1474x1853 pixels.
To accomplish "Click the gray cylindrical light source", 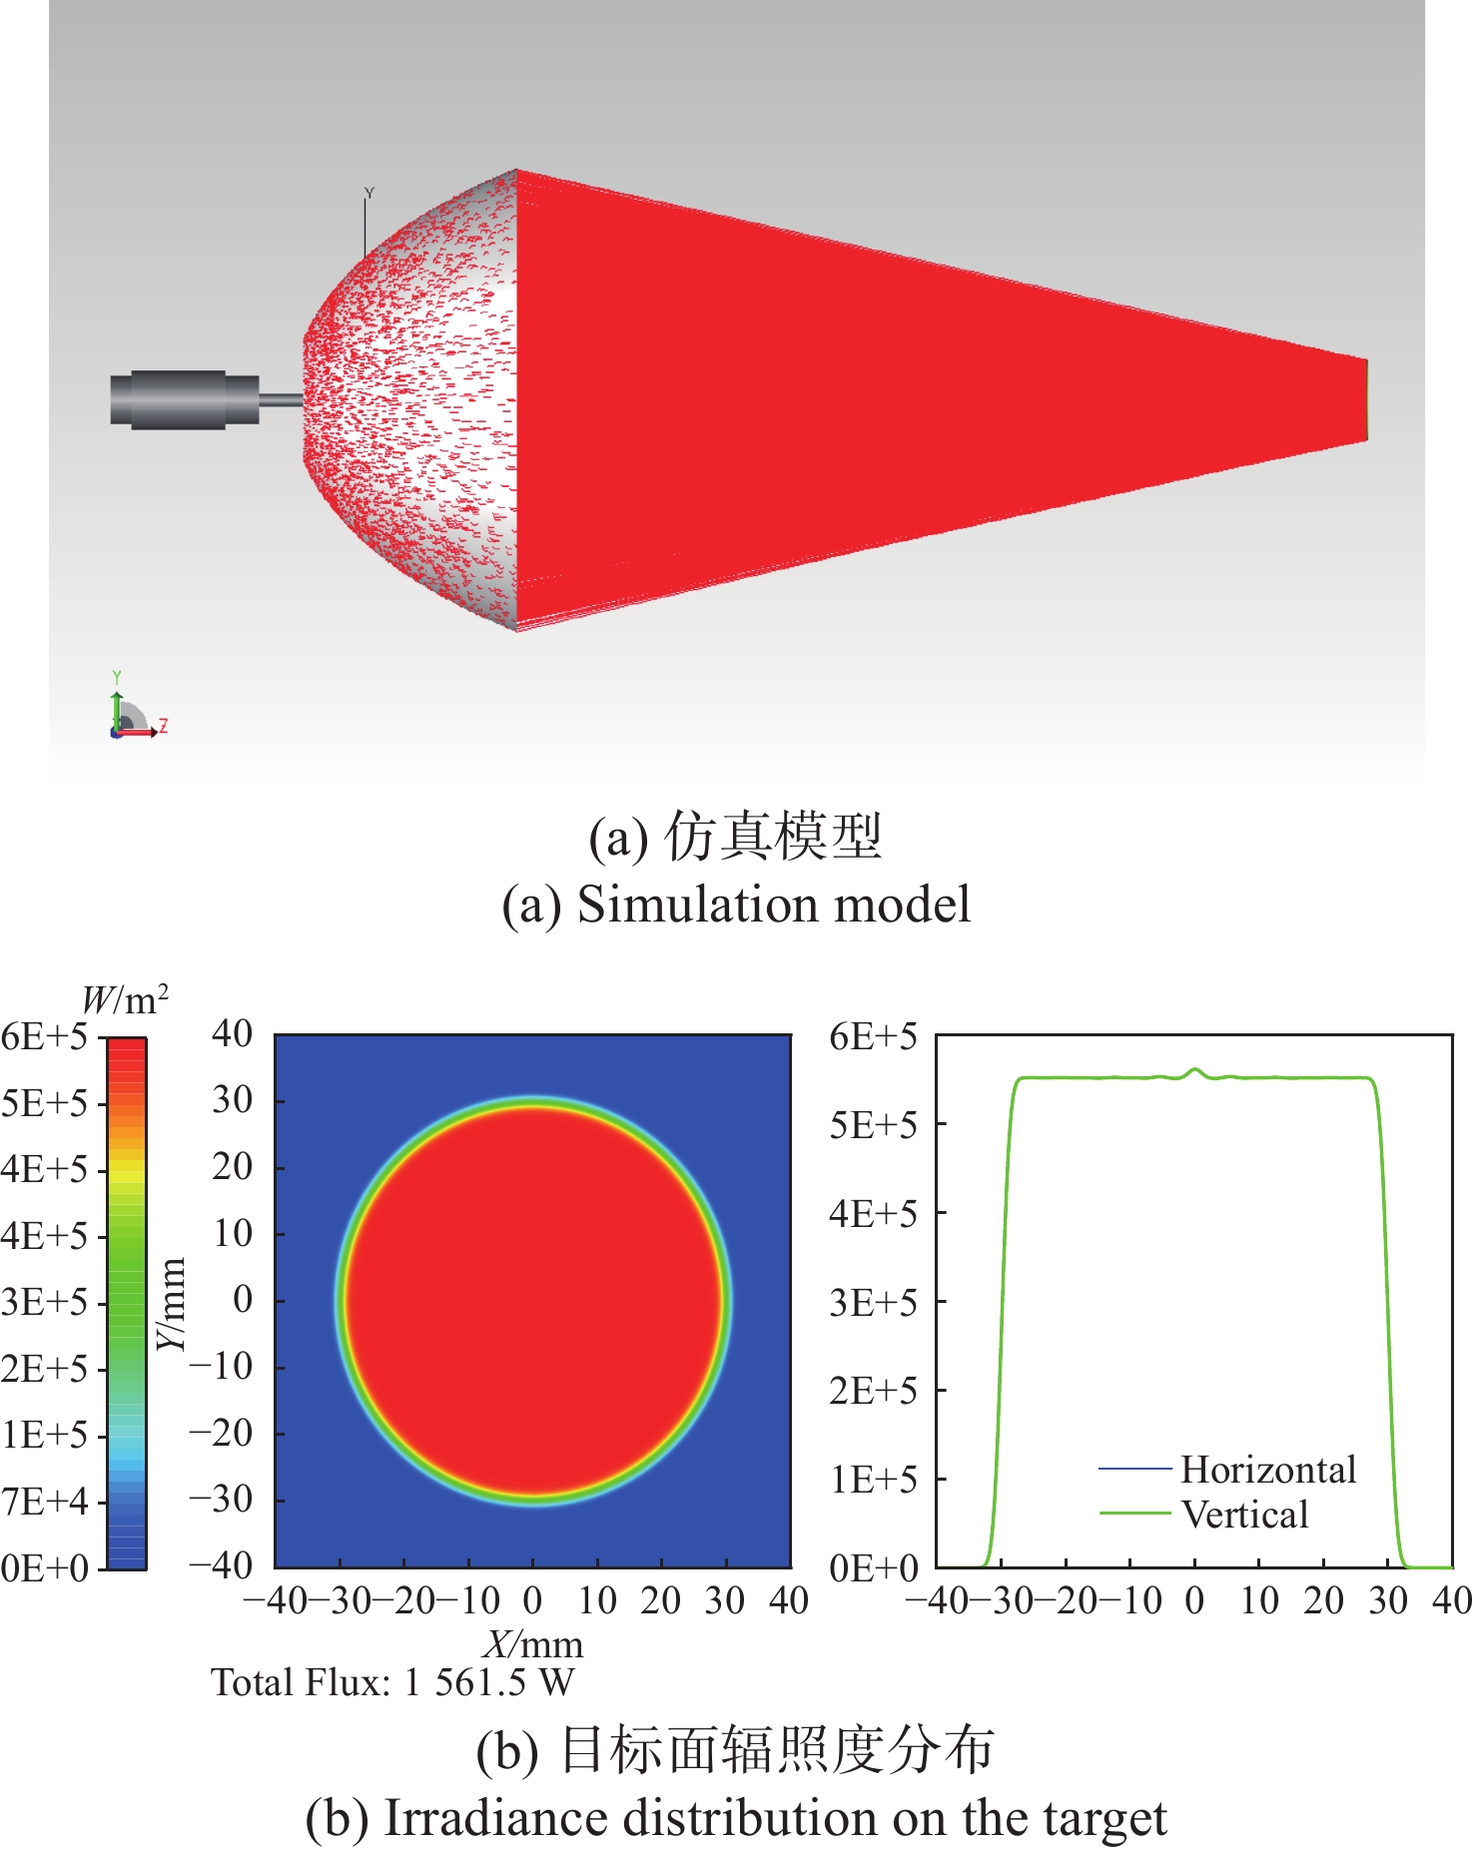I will point(185,399).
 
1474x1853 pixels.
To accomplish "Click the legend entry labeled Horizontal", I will point(1267,1470).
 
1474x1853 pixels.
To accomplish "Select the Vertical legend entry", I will point(1244,1515).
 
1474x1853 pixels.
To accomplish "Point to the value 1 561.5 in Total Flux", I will point(464,1683).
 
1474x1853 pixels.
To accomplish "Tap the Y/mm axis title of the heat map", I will point(173,1303).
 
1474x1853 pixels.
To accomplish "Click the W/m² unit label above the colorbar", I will point(124,999).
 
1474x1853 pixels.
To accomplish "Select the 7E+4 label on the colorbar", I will point(45,1502).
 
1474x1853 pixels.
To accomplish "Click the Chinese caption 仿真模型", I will point(773,836).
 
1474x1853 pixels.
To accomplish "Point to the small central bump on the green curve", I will point(1194,1071).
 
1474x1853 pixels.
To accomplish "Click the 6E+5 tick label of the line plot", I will point(873,1036).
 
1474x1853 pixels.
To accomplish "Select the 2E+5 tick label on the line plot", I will point(873,1390).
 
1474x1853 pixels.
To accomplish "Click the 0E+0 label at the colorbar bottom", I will point(45,1567).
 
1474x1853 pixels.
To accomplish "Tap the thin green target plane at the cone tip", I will point(1366,399).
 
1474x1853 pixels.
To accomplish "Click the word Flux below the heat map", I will point(349,1683).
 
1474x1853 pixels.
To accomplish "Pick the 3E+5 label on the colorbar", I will point(45,1303).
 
